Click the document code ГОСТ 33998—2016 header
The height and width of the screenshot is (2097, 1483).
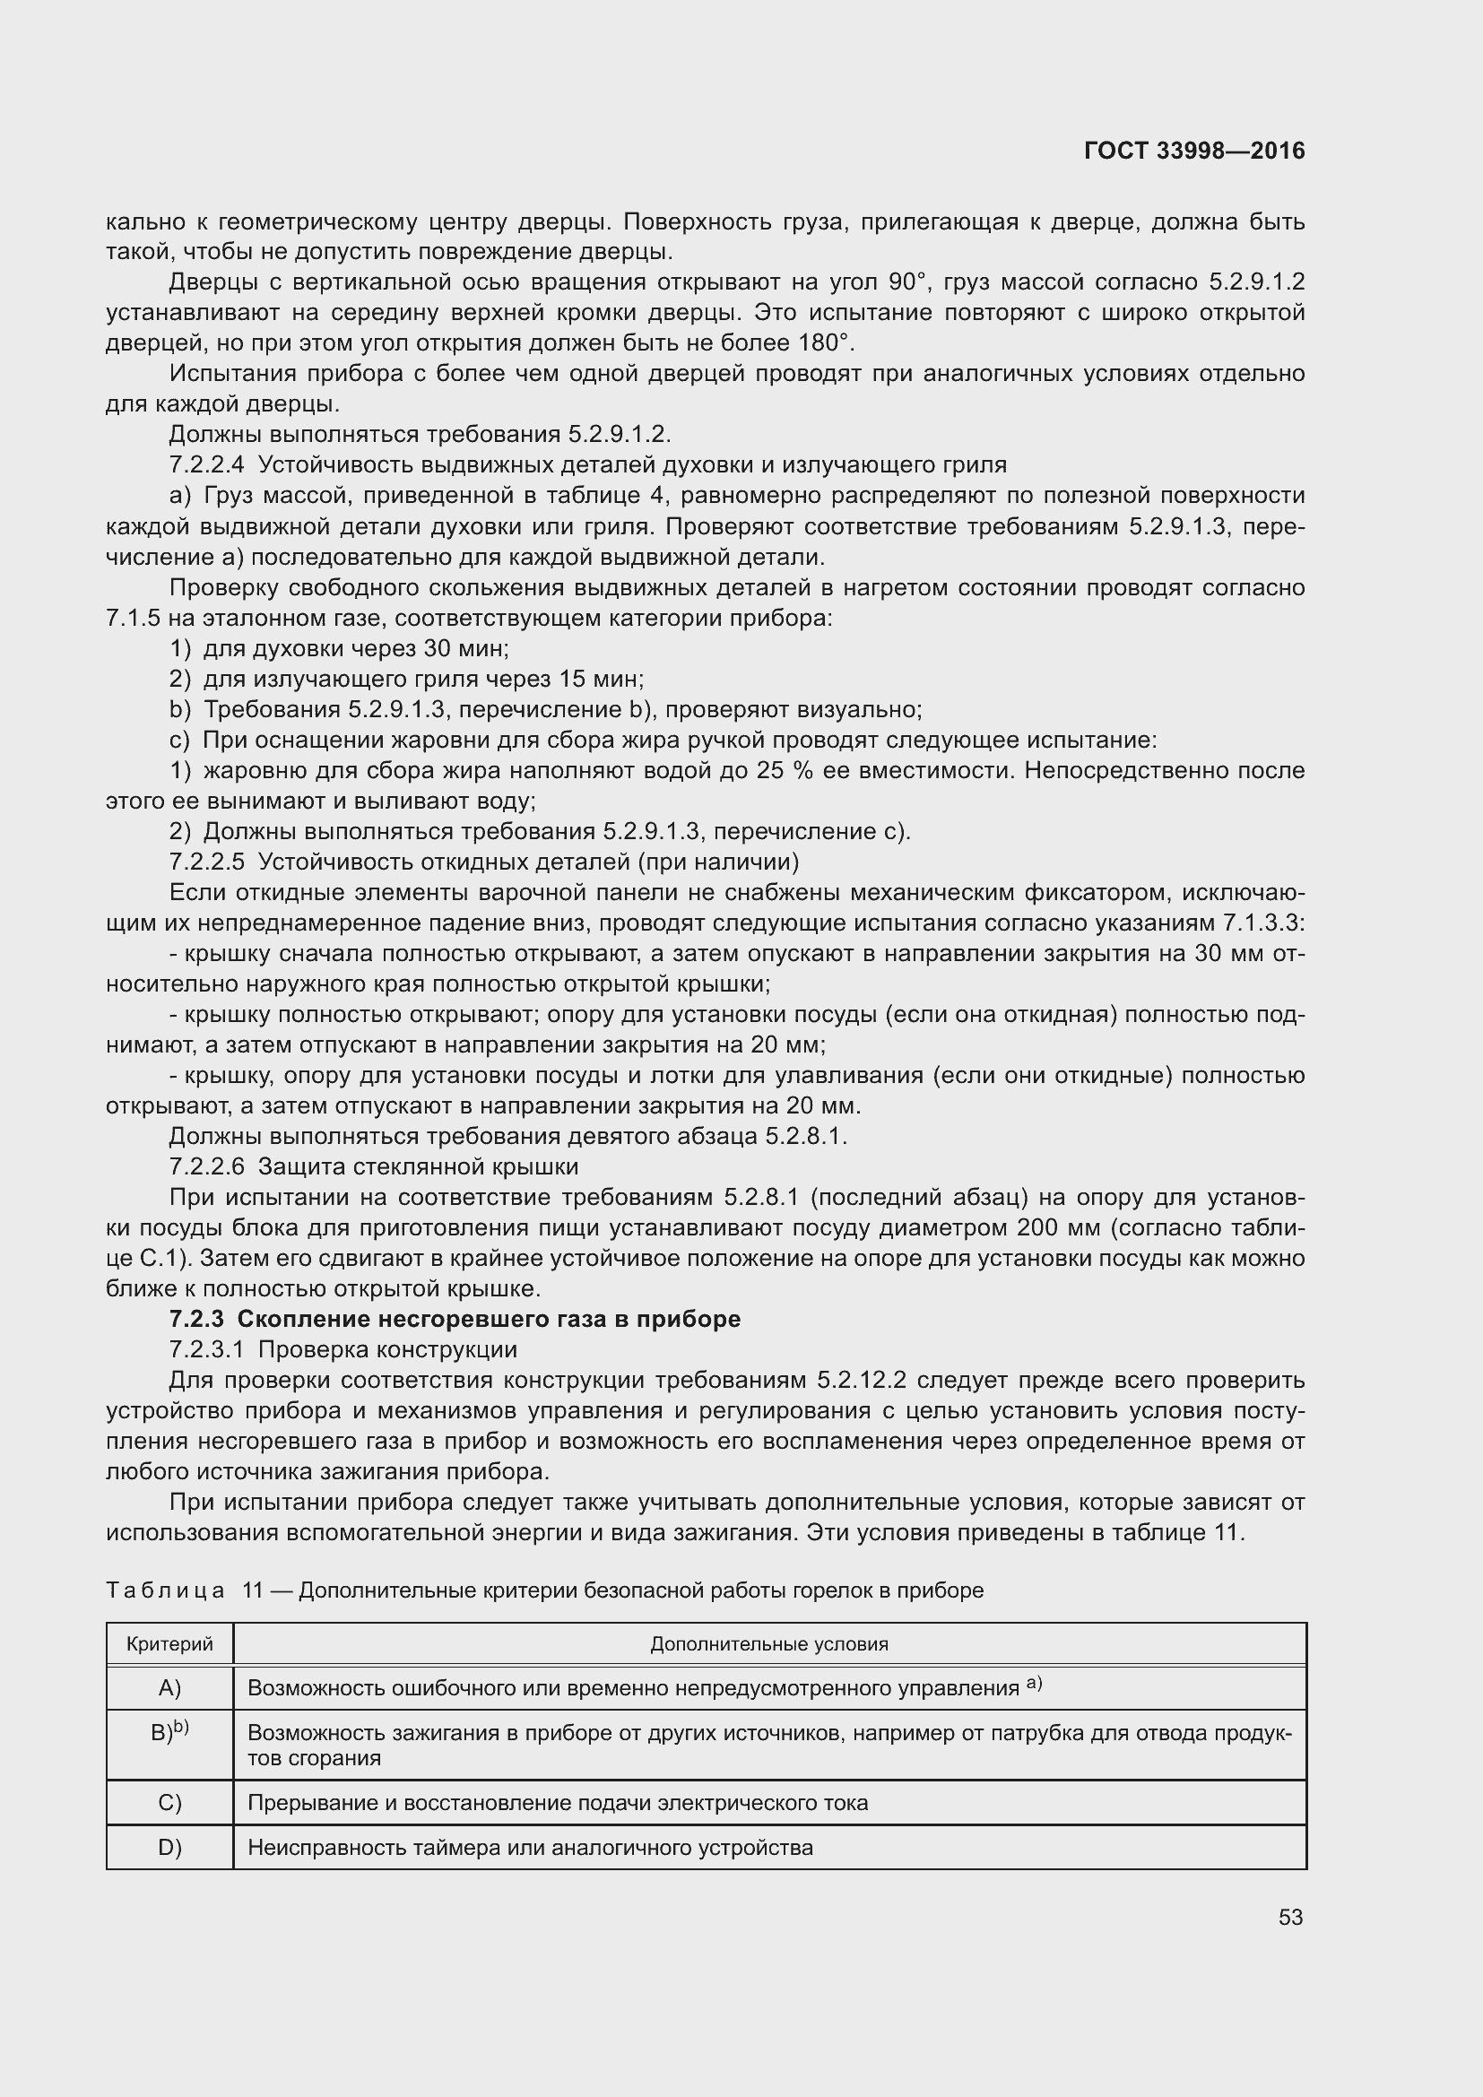(1193, 151)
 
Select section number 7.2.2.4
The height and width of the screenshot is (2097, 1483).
(206, 465)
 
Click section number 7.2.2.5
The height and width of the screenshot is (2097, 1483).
(206, 862)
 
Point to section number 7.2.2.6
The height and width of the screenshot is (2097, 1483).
(206, 1166)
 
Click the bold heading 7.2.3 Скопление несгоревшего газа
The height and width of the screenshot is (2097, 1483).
(455, 1319)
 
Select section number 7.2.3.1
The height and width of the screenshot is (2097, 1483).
(206, 1349)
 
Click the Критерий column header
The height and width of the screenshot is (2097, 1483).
(169, 1644)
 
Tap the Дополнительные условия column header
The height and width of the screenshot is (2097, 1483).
(769, 1644)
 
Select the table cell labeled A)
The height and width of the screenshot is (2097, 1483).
(169, 1688)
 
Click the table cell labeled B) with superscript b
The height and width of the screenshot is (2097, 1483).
(169, 1732)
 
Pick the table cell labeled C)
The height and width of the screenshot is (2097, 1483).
(169, 1803)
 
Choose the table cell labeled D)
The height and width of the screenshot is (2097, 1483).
(169, 1848)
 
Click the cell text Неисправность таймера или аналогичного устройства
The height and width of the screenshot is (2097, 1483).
(530, 1848)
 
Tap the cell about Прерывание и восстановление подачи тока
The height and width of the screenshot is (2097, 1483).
(557, 1803)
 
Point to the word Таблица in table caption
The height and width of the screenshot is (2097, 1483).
(165, 1590)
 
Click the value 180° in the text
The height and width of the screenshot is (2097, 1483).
(825, 343)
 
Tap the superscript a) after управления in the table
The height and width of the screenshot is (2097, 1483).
(1034, 1684)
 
